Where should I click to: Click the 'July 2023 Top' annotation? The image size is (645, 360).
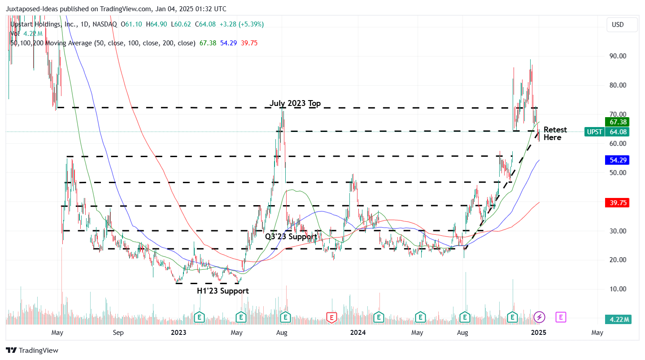[295, 104]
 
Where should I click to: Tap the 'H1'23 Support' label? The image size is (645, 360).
[222, 291]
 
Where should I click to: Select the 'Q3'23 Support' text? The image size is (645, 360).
[291, 237]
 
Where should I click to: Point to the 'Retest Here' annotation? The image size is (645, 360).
[555, 134]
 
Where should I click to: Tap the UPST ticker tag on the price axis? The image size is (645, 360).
[594, 132]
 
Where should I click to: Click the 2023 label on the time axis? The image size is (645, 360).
[179, 333]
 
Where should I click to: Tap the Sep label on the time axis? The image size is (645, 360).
[118, 333]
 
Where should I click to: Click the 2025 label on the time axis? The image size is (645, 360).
[538, 333]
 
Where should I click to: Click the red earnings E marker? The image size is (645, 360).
[331, 317]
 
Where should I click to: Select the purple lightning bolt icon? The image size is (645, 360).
[540, 317]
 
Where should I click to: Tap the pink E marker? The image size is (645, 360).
[561, 317]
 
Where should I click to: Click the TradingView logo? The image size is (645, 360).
[32, 351]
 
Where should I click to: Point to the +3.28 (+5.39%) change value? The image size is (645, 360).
[245, 24]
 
